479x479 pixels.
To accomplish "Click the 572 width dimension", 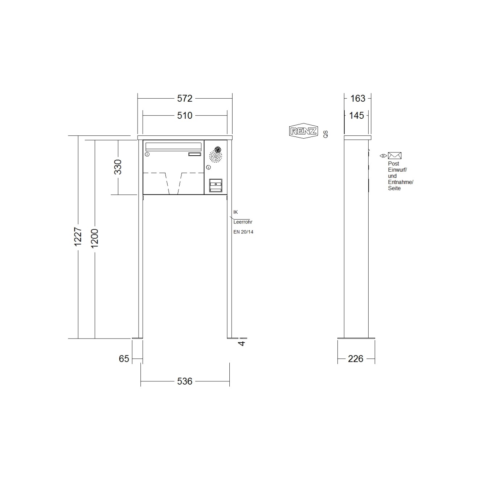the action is click(185, 99).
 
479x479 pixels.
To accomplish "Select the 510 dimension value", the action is click(185, 116).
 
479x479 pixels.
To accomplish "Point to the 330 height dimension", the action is click(118, 167).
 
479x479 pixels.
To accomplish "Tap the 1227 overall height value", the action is click(78, 237).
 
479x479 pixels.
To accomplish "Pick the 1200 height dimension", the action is click(95, 238).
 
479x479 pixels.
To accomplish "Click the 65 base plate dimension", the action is click(124, 359).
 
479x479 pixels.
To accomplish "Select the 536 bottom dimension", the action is click(185, 381).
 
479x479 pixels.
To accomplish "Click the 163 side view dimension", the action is click(358, 99).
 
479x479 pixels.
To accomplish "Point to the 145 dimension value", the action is click(356, 116).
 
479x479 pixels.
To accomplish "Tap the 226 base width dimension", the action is click(356, 359).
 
